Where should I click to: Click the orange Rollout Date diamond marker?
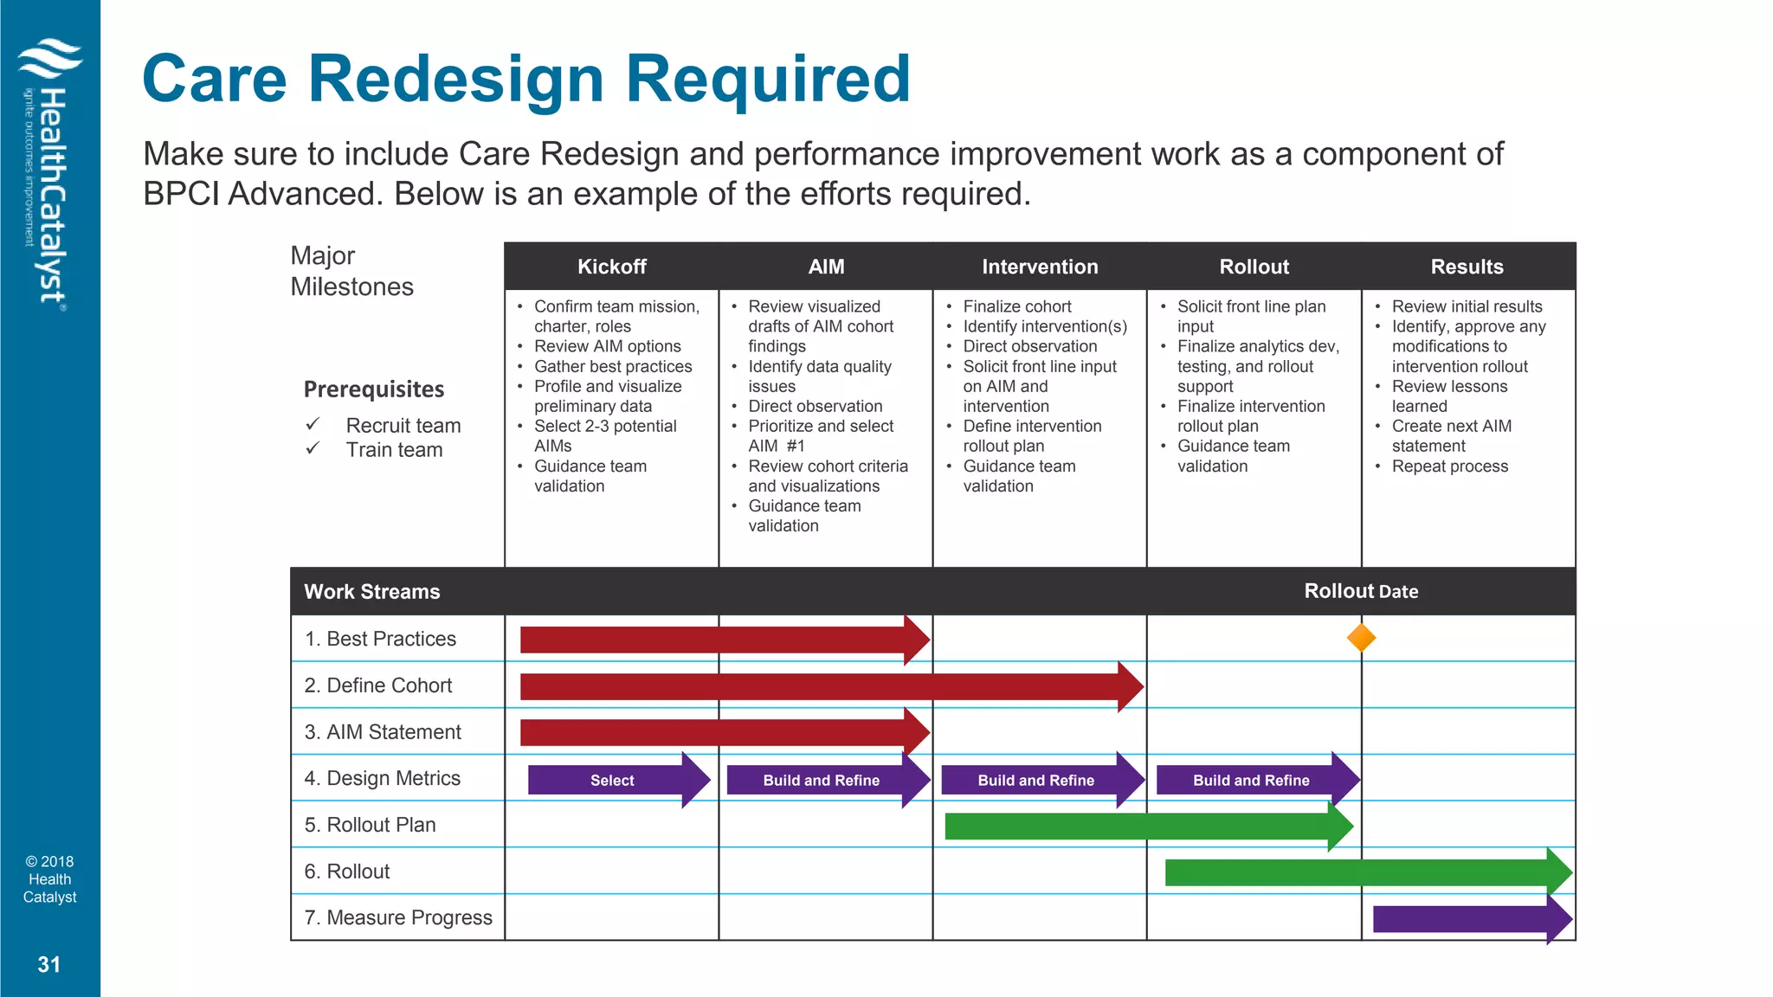point(1361,638)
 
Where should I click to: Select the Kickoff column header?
point(611,267)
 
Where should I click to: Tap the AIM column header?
point(826,267)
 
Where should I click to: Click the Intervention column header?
point(1040,267)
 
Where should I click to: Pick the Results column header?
point(1467,267)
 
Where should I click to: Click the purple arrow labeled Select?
point(613,780)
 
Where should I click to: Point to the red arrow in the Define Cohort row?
point(822,687)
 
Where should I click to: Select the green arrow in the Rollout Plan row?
point(1143,827)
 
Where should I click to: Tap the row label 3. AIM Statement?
point(383,732)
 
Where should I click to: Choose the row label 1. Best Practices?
point(380,639)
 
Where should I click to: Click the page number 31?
point(49,964)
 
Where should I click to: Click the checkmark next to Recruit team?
point(313,424)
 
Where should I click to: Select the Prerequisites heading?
point(374,389)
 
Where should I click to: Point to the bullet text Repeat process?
point(1449,466)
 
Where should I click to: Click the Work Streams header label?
point(372,592)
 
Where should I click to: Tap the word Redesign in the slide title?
point(455,79)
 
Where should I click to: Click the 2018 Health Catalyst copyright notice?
point(49,879)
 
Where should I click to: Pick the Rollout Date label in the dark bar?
point(1361,591)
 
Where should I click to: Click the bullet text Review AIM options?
point(607,346)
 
